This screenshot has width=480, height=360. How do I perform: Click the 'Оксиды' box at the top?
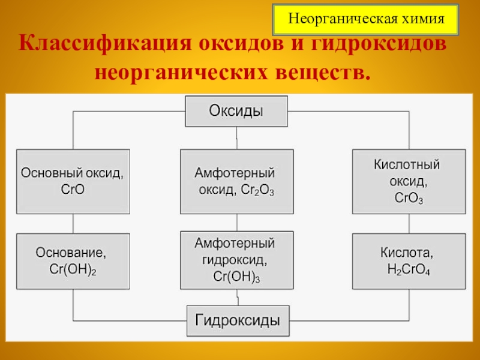(236, 112)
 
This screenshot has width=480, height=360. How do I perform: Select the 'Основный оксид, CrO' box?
(73, 181)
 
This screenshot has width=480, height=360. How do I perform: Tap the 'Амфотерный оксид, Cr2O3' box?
(237, 181)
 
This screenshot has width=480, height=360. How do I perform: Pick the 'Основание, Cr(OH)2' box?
(73, 261)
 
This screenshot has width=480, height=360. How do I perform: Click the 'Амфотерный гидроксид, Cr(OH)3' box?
(237, 261)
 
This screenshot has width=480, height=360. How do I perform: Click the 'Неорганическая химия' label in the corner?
(366, 19)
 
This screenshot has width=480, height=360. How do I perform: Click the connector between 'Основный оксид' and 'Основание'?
(73, 224)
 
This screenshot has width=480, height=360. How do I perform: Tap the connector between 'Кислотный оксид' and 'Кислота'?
(408, 224)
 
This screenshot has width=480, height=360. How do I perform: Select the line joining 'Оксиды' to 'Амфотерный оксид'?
(237, 138)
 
